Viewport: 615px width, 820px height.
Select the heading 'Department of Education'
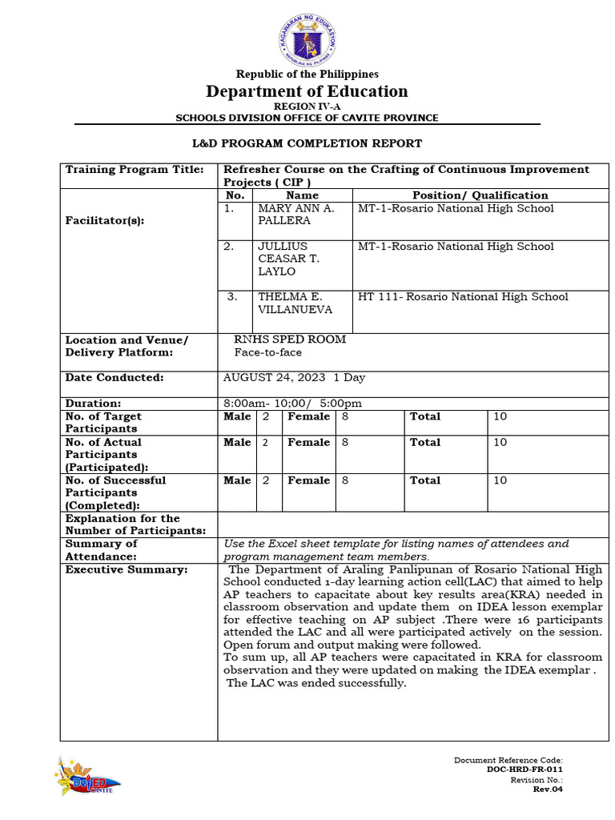[x=307, y=91]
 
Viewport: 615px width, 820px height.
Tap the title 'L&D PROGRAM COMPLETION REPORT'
[x=307, y=143]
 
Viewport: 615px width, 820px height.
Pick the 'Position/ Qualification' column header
[x=480, y=195]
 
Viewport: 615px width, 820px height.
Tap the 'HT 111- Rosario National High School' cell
[x=463, y=297]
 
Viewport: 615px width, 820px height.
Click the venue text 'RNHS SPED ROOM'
[x=290, y=340]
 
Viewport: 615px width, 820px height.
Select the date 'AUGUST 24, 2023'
[x=275, y=378]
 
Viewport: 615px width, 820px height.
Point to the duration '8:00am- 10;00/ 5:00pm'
[x=292, y=404]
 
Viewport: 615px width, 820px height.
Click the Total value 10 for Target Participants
[x=500, y=416]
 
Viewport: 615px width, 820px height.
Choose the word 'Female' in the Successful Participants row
[x=308, y=480]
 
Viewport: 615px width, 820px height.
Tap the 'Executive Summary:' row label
[x=127, y=569]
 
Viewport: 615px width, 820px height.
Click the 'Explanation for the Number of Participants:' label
[x=135, y=525]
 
